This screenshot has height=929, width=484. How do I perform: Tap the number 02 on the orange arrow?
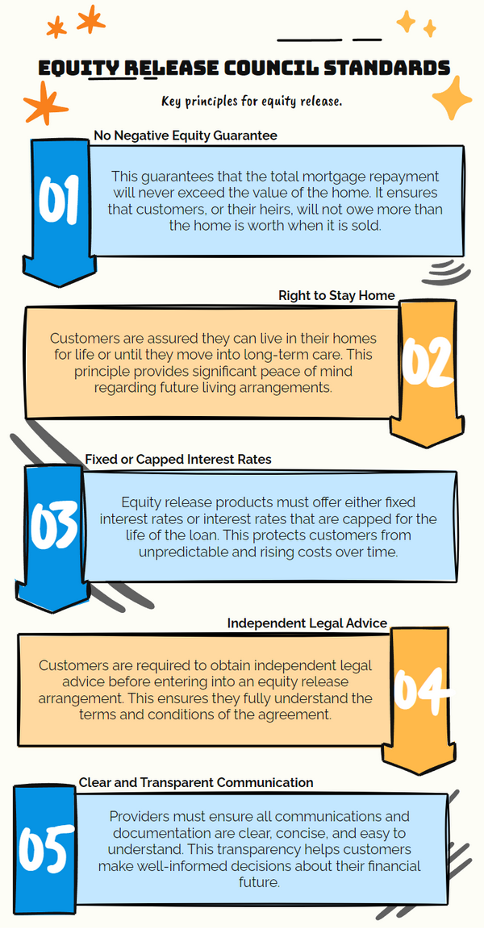[428, 360]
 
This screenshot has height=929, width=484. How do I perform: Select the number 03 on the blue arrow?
[54, 524]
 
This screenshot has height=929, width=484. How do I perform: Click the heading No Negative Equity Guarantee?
[186, 135]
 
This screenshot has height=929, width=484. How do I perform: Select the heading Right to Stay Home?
[336, 296]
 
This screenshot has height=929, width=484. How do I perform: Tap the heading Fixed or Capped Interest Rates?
[178, 459]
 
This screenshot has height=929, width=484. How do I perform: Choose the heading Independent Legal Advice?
[307, 623]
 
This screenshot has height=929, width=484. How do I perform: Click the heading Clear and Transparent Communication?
[196, 783]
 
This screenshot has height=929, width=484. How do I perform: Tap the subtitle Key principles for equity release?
[252, 102]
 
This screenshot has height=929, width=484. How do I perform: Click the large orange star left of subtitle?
[45, 103]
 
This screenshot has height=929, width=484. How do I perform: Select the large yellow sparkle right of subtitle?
[452, 98]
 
